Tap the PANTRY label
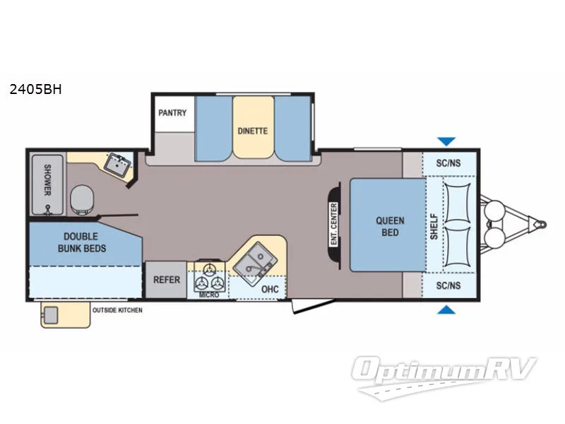pyautogui.click(x=172, y=112)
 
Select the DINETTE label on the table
pyautogui.click(x=253, y=131)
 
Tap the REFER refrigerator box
pyautogui.click(x=167, y=280)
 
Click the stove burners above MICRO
pyautogui.click(x=210, y=276)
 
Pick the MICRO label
pyautogui.click(x=209, y=294)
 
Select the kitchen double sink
pyautogui.click(x=252, y=260)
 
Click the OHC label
pyautogui.click(x=269, y=289)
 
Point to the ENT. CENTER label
pyautogui.click(x=333, y=224)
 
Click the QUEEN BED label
pyautogui.click(x=390, y=226)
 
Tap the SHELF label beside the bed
pyautogui.click(x=434, y=226)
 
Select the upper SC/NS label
pyautogui.click(x=448, y=163)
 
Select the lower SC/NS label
pyautogui.click(x=448, y=285)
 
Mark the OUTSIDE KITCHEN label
pyautogui.click(x=117, y=310)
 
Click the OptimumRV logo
pyautogui.click(x=447, y=371)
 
